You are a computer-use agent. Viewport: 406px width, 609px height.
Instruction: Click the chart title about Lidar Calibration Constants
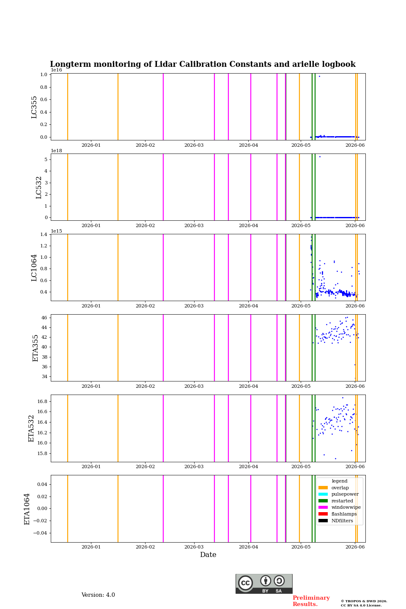coord(203,64)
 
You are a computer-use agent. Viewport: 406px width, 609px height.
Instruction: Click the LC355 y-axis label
coord(34,107)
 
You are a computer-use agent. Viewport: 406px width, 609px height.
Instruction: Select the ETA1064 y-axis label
coord(27,509)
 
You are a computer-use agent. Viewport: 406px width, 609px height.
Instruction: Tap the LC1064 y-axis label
coord(34,268)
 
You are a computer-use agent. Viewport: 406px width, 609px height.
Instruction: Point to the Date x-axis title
coord(208,554)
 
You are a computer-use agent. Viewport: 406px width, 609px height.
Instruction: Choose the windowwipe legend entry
coord(339,507)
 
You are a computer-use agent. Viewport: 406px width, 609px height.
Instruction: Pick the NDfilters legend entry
coord(335,521)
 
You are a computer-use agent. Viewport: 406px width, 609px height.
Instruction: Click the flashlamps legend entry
coord(337,514)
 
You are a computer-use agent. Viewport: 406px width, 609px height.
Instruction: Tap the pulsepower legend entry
coord(338,494)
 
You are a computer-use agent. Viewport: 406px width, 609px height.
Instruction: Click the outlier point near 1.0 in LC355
coord(319,77)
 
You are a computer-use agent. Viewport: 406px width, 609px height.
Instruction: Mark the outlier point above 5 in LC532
coord(320,156)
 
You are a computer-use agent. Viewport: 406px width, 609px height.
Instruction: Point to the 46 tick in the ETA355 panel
coord(44,318)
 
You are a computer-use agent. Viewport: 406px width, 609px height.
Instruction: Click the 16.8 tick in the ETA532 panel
coord(42,401)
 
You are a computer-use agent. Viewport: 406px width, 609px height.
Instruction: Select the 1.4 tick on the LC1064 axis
coord(44,234)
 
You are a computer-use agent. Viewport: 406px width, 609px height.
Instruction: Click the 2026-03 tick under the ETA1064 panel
coord(194,547)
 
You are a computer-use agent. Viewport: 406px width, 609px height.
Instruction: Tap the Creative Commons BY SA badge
coord(264,584)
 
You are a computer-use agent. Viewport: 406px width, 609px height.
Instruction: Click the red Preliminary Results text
coord(311,601)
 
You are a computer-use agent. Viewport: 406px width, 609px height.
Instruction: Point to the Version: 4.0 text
coord(98,595)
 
